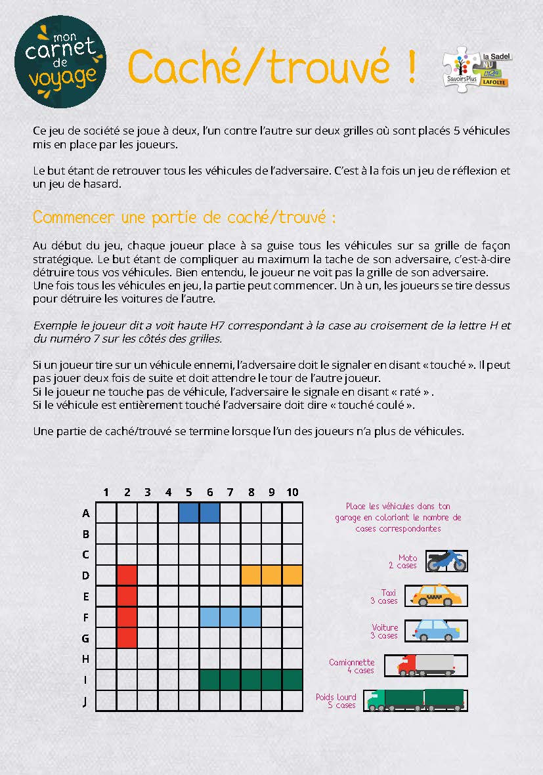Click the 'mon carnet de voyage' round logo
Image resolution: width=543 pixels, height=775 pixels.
[60, 64]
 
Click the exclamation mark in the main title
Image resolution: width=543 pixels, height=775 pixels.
[411, 66]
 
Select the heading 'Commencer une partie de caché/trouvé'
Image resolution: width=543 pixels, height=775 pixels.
[185, 217]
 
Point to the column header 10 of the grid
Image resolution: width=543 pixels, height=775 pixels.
[292, 492]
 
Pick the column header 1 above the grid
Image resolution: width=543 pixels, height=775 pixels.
[106, 492]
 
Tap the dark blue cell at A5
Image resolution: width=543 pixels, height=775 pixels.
[189, 513]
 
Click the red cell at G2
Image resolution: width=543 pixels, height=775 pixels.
[127, 637]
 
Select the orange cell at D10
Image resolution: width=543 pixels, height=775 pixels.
[292, 575]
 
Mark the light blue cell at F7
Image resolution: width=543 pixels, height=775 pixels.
[230, 617]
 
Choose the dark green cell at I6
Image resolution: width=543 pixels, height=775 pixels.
[209, 679]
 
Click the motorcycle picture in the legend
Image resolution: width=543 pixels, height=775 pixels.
[446, 561]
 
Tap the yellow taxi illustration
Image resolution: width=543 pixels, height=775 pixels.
[437, 596]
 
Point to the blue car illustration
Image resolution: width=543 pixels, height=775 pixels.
[436, 631]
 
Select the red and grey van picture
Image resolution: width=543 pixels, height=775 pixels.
[425, 665]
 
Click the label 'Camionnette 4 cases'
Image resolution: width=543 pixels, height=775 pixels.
[352, 666]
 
